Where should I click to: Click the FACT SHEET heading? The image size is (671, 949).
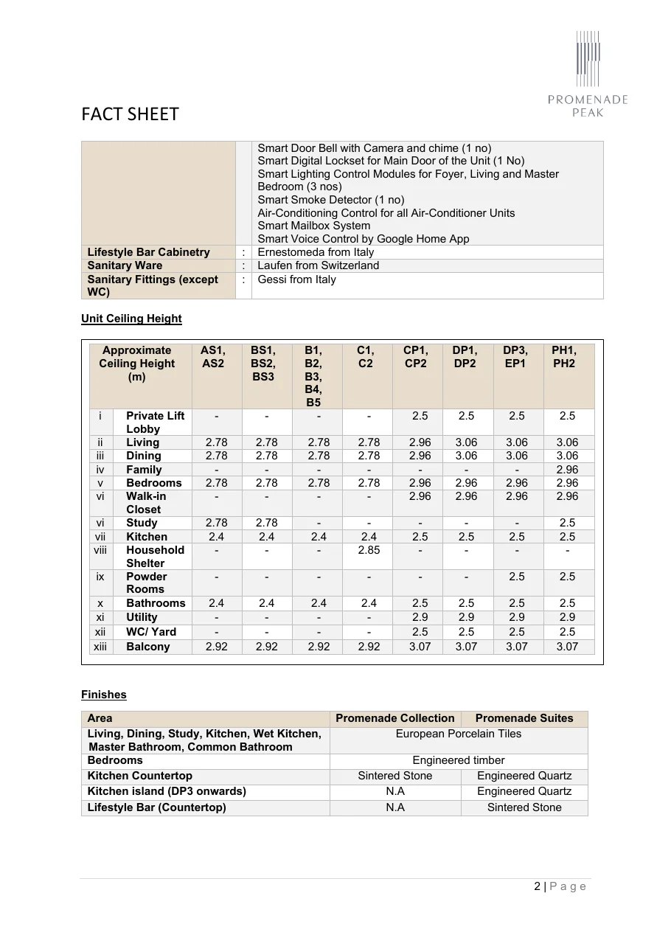point(130,114)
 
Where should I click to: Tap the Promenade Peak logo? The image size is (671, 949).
point(588,74)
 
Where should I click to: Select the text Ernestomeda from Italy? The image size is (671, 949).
point(315,252)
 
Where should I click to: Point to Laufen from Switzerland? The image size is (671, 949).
point(318,265)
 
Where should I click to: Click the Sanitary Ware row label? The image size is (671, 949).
point(125,265)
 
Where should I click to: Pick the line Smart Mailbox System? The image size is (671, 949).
point(313,226)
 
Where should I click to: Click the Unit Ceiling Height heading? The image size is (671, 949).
point(131,319)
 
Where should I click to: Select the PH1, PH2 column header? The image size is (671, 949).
point(564,357)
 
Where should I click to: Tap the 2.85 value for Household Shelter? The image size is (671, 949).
point(369,550)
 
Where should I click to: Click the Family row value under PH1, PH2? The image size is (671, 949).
point(567,470)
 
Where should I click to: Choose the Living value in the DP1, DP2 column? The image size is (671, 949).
point(466,442)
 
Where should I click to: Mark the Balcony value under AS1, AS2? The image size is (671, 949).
point(216,647)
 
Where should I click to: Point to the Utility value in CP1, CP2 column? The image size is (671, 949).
point(420,617)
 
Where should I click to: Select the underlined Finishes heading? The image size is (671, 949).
point(104,695)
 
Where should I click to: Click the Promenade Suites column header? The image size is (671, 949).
point(524,718)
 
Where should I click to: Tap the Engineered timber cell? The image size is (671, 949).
point(458,760)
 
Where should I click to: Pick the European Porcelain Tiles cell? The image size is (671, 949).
point(458,734)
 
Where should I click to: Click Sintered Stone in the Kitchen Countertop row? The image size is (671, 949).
point(394,776)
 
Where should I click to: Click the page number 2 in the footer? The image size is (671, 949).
point(537,886)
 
